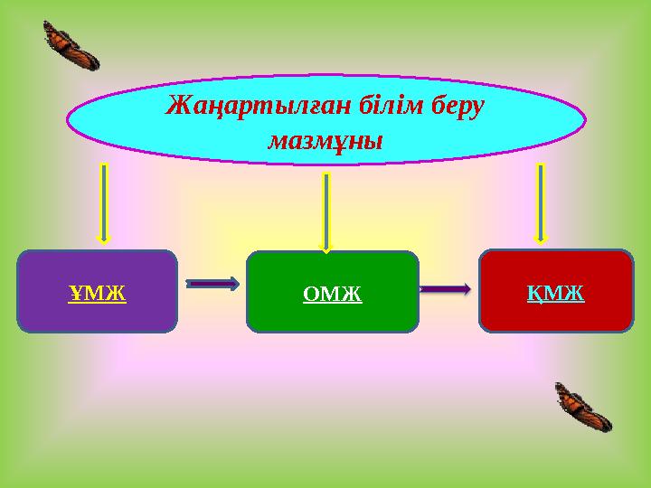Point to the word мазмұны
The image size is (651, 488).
[x=326, y=142]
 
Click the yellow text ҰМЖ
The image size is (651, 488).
[x=97, y=293]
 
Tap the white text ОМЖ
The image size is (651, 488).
[x=333, y=294]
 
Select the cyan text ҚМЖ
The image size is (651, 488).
[x=556, y=293]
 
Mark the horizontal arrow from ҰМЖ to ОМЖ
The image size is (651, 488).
[x=213, y=284]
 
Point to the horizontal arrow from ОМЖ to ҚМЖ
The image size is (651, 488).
[x=446, y=289]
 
